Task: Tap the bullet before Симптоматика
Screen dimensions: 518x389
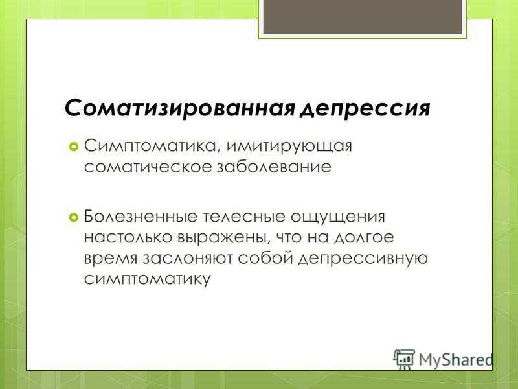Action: [73, 147]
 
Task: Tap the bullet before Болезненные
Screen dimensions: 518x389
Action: [73, 217]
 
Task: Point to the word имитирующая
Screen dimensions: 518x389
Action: [289, 147]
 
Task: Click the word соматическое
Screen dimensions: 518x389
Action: [148, 167]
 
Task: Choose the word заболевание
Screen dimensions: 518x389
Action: [274, 167]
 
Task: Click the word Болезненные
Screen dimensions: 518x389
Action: [141, 217]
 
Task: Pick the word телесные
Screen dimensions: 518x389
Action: [243, 217]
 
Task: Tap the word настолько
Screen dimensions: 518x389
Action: [128, 237]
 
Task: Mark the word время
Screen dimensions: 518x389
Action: [111, 259]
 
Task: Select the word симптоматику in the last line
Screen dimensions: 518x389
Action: [148, 279]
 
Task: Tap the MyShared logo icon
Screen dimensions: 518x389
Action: [403, 359]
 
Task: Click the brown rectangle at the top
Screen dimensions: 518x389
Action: [363, 17]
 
